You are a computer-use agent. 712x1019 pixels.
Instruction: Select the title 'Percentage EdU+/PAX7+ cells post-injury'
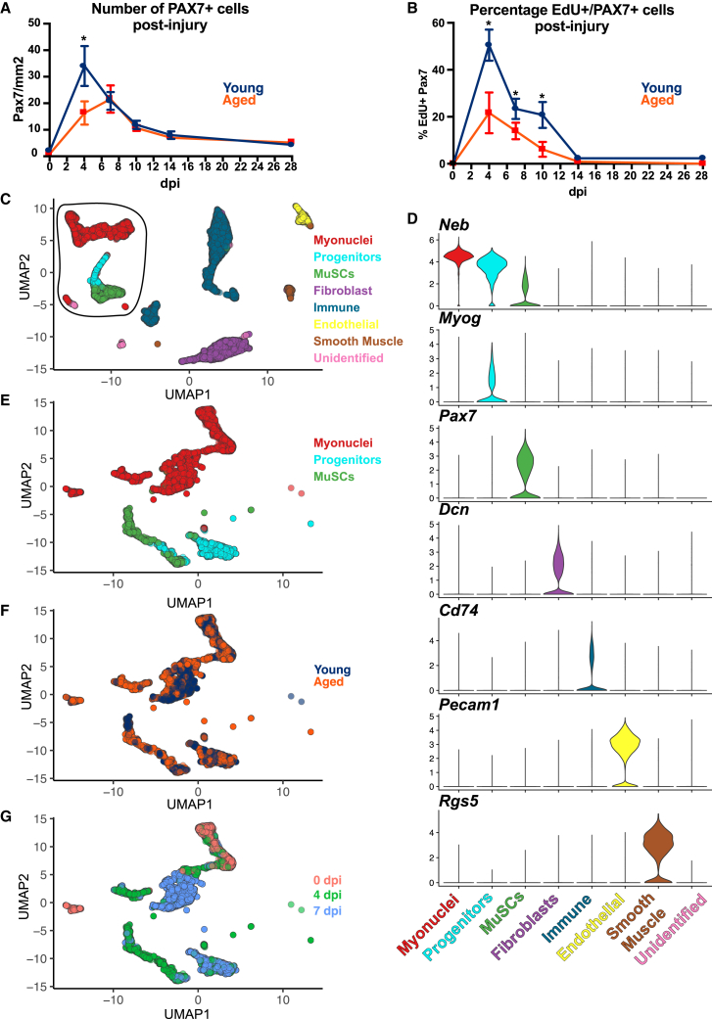coord(552,19)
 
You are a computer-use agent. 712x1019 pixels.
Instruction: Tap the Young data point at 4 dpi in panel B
coord(488,45)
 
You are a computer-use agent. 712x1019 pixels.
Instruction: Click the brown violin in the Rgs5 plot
coord(652,850)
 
